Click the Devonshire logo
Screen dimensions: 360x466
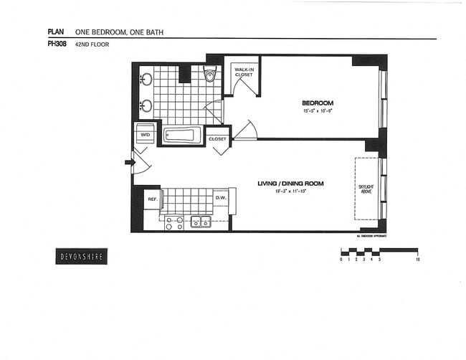[81, 257]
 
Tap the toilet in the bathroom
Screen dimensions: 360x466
[210, 74]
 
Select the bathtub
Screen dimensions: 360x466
[182, 135]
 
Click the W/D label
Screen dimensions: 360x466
[145, 134]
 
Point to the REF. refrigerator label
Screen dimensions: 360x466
[153, 199]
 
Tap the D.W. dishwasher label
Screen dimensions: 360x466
[221, 199]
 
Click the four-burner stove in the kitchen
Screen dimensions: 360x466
[174, 223]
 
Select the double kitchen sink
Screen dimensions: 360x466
[201, 222]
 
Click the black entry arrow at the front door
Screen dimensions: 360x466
[129, 163]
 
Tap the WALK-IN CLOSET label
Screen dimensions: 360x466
[244, 72]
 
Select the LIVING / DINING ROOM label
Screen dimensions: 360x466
[290, 184]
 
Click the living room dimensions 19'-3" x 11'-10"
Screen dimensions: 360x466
[290, 191]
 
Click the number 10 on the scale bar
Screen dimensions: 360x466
[417, 260]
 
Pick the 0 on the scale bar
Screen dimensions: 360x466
[341, 260]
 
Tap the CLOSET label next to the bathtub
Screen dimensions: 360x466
[217, 138]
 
